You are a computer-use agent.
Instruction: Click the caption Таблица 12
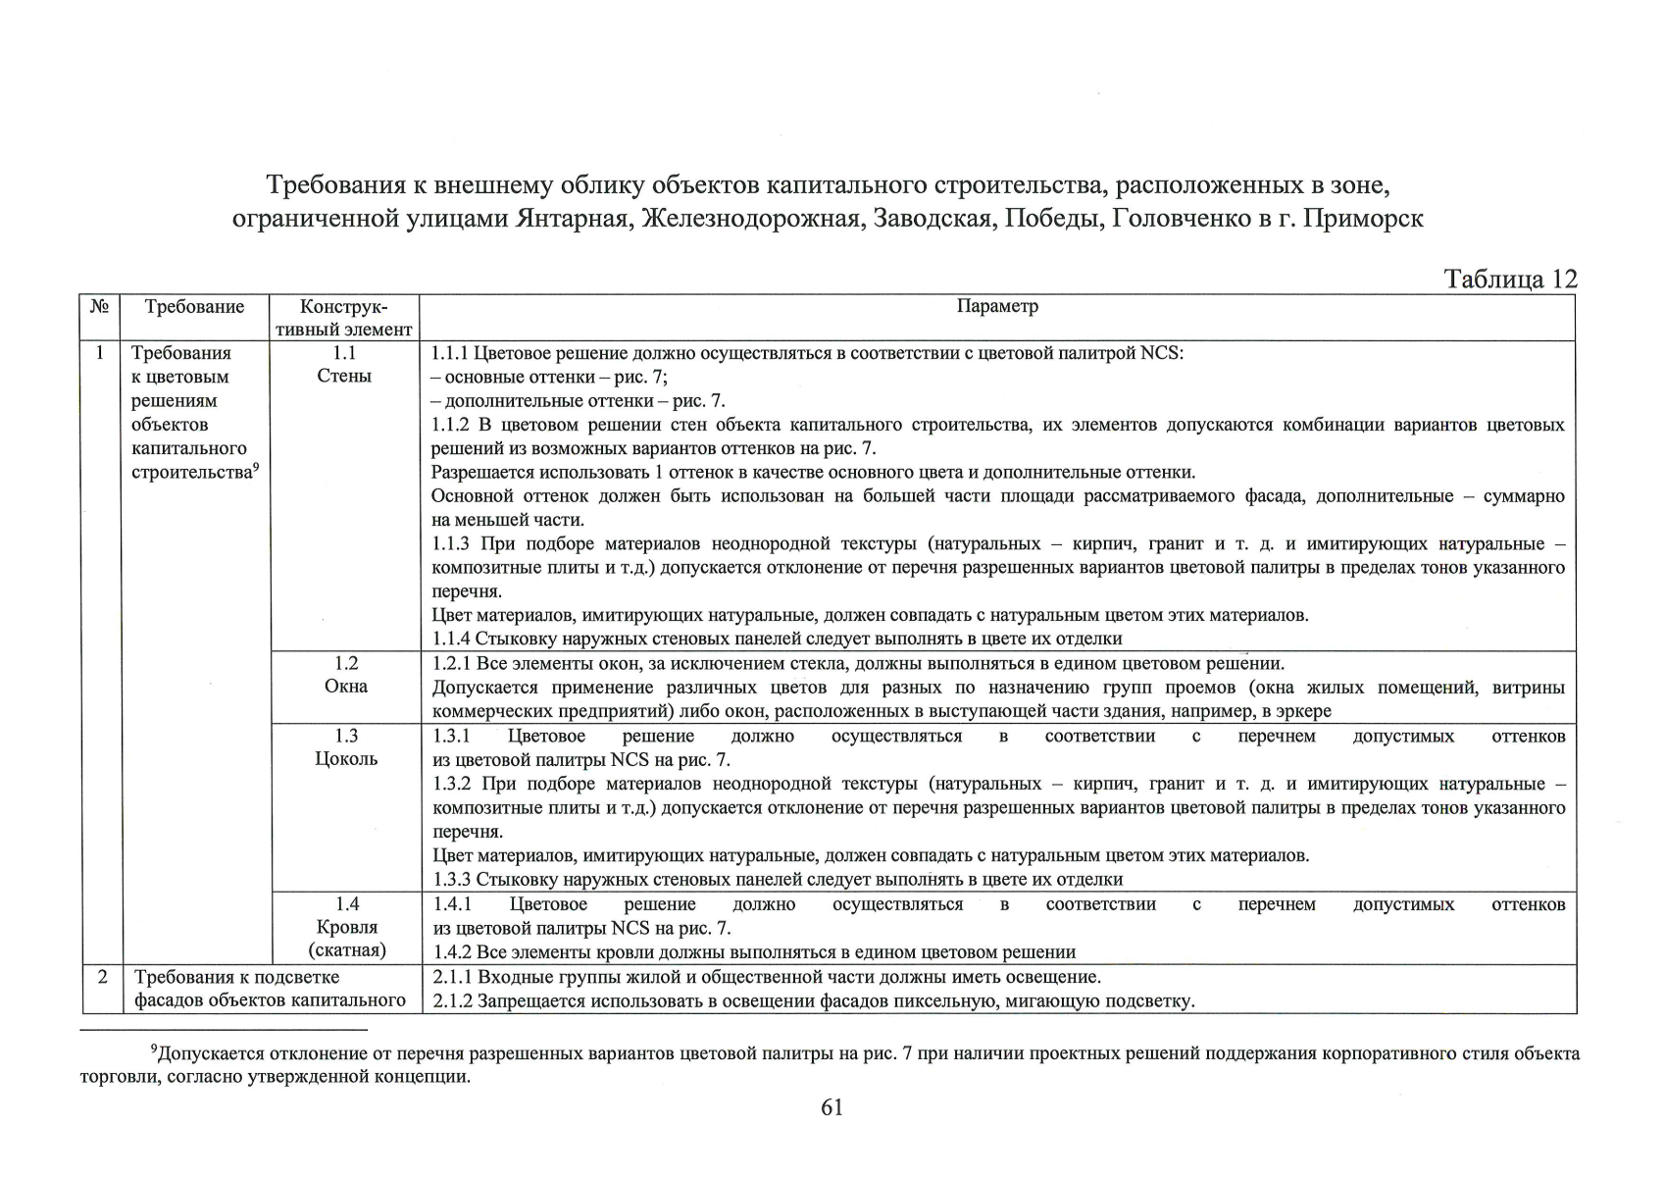pos(1510,280)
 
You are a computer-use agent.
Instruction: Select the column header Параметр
pos(996,307)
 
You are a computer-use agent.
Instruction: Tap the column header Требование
pos(194,307)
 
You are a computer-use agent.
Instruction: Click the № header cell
pos(99,307)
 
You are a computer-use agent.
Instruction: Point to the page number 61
pos(832,1107)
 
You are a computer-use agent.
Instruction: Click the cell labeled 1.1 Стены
pos(344,365)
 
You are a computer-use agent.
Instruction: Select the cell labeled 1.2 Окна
pos(345,675)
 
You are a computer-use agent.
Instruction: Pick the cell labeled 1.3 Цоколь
pos(345,747)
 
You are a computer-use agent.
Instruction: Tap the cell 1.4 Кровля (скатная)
pos(346,927)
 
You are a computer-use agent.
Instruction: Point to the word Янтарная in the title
pos(573,219)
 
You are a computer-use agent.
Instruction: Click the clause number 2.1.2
pos(452,1001)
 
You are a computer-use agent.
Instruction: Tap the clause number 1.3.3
pos(452,880)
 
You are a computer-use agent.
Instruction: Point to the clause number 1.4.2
pos(452,952)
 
